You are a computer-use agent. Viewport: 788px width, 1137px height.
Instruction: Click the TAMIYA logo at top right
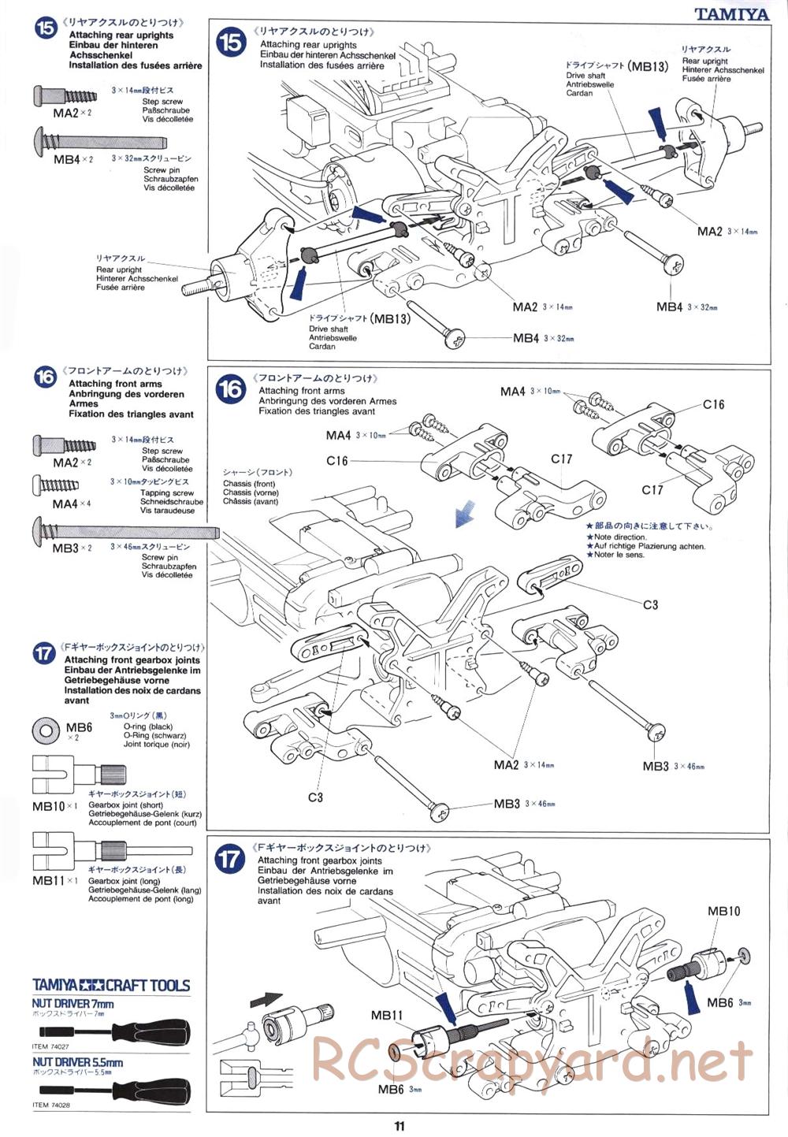pos(731,13)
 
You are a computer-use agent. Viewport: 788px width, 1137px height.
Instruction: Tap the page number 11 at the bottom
pos(400,1126)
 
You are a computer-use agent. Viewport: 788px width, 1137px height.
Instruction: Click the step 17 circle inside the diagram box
pos(230,858)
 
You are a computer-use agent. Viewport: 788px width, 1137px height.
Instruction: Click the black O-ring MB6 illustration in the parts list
pos(46,730)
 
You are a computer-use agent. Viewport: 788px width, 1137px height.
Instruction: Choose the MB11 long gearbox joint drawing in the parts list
pos(79,852)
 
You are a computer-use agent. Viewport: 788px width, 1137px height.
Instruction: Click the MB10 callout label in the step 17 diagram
pos(723,912)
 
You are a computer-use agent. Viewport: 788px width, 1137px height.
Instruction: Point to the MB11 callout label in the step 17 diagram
pos(387,1015)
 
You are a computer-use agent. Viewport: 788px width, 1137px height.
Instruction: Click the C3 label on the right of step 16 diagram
pos(650,605)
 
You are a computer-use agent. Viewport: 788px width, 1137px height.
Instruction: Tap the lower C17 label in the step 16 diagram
pos(652,490)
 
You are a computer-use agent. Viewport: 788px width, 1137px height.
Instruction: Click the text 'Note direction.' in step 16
pos(620,537)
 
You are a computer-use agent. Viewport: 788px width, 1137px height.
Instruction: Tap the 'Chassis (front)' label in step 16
pos(249,484)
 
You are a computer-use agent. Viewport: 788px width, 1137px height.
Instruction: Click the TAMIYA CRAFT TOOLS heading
pos(111,985)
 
